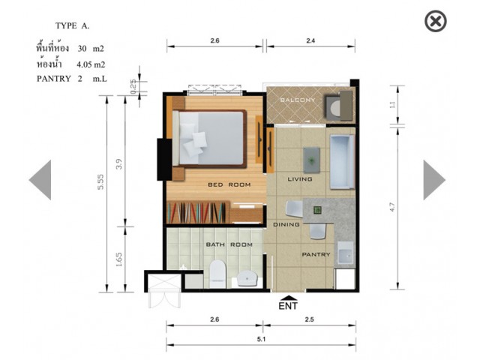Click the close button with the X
click(x=435, y=21)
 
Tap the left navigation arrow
click(x=40, y=180)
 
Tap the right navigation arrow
click(x=434, y=180)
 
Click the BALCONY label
click(x=297, y=100)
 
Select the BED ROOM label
click(x=229, y=184)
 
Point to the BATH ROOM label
click(x=229, y=244)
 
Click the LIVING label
click(x=300, y=179)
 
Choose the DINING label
click(x=286, y=224)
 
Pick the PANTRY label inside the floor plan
click(x=316, y=254)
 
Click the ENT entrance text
click(x=288, y=306)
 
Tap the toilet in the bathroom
click(x=217, y=274)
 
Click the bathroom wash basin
click(x=247, y=278)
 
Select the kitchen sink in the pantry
click(x=346, y=253)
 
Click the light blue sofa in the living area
click(x=342, y=162)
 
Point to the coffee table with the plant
click(x=312, y=160)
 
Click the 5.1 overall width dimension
click(x=261, y=339)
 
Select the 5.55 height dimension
click(x=100, y=181)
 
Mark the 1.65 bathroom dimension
click(x=118, y=259)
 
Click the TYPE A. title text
click(x=72, y=25)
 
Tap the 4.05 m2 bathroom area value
click(x=91, y=64)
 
